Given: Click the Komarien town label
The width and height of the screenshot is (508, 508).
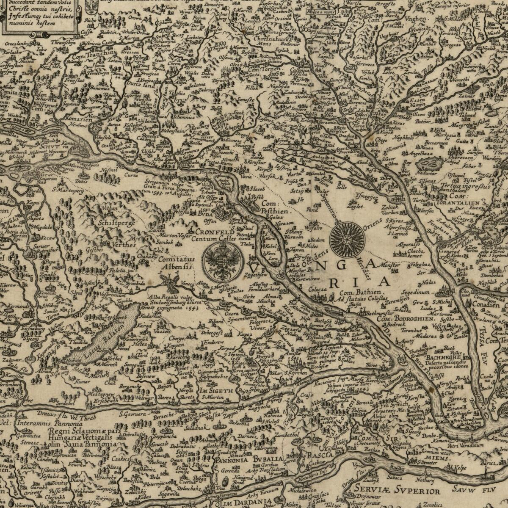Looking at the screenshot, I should pos(77,119).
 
